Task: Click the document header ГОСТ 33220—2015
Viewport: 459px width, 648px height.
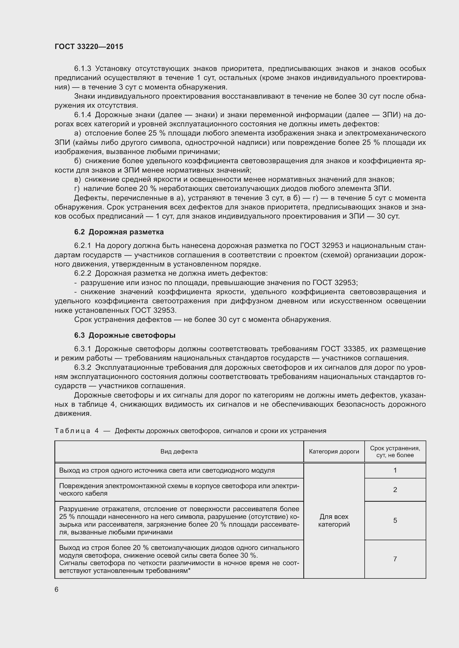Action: click(x=89, y=47)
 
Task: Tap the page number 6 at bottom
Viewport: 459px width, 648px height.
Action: click(x=57, y=589)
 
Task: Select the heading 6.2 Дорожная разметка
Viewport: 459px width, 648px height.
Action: click(x=119, y=232)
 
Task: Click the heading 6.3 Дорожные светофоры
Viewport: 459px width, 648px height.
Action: click(x=125, y=335)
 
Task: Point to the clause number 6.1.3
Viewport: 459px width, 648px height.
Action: click(x=82, y=69)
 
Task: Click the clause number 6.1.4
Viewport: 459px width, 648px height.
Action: click(x=82, y=115)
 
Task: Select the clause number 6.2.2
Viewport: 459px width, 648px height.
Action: click(x=82, y=273)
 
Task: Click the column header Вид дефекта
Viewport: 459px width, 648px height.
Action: click(x=179, y=452)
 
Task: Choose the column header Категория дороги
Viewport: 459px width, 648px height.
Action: click(x=334, y=452)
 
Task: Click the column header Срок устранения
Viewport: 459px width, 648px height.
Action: click(x=395, y=452)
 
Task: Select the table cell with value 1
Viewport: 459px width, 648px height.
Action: click(x=395, y=470)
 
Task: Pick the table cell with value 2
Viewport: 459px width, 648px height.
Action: click(x=395, y=490)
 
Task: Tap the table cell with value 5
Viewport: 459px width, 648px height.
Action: click(x=395, y=521)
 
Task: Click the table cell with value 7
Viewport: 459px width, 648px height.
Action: click(x=395, y=559)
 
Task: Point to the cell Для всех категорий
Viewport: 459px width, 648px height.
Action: click(x=334, y=521)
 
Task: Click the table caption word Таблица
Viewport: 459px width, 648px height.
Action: click(x=72, y=431)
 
